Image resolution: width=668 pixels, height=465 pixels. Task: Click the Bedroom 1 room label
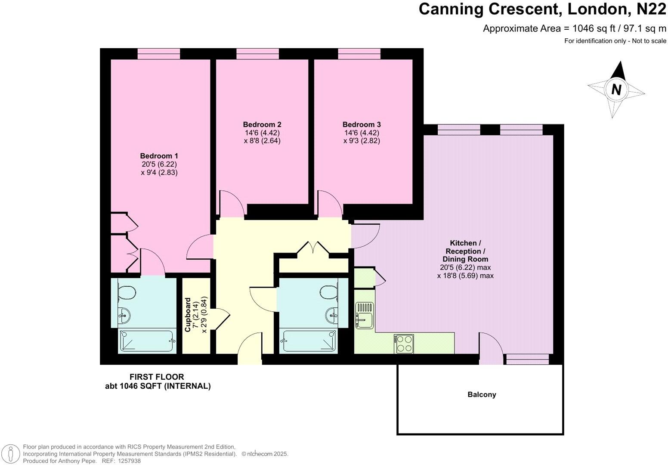click(x=159, y=156)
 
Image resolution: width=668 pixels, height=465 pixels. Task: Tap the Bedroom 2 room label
click(x=262, y=124)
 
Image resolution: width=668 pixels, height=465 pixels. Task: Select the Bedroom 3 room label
click(x=362, y=124)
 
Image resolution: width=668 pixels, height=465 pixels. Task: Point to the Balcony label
click(x=482, y=394)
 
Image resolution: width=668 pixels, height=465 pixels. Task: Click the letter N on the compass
click(x=616, y=90)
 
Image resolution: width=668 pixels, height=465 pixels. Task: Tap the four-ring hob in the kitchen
click(x=404, y=344)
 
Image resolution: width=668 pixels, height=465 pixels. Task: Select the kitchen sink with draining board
click(x=365, y=315)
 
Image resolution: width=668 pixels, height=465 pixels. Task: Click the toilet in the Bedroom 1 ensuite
click(x=127, y=292)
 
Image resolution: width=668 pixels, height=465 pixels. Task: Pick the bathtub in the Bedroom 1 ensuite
click(x=147, y=341)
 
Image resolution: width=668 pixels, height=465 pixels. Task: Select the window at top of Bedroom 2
click(x=258, y=54)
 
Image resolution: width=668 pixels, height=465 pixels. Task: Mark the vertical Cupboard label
click(x=187, y=315)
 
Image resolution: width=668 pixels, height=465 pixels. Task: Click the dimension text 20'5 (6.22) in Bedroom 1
click(x=159, y=164)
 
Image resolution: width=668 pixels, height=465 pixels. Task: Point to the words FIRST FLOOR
click(x=157, y=377)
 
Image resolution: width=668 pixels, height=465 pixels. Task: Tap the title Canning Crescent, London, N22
click(x=542, y=9)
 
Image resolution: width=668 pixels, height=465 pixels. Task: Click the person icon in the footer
click(x=11, y=454)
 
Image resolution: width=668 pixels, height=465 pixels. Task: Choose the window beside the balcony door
click(x=528, y=359)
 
